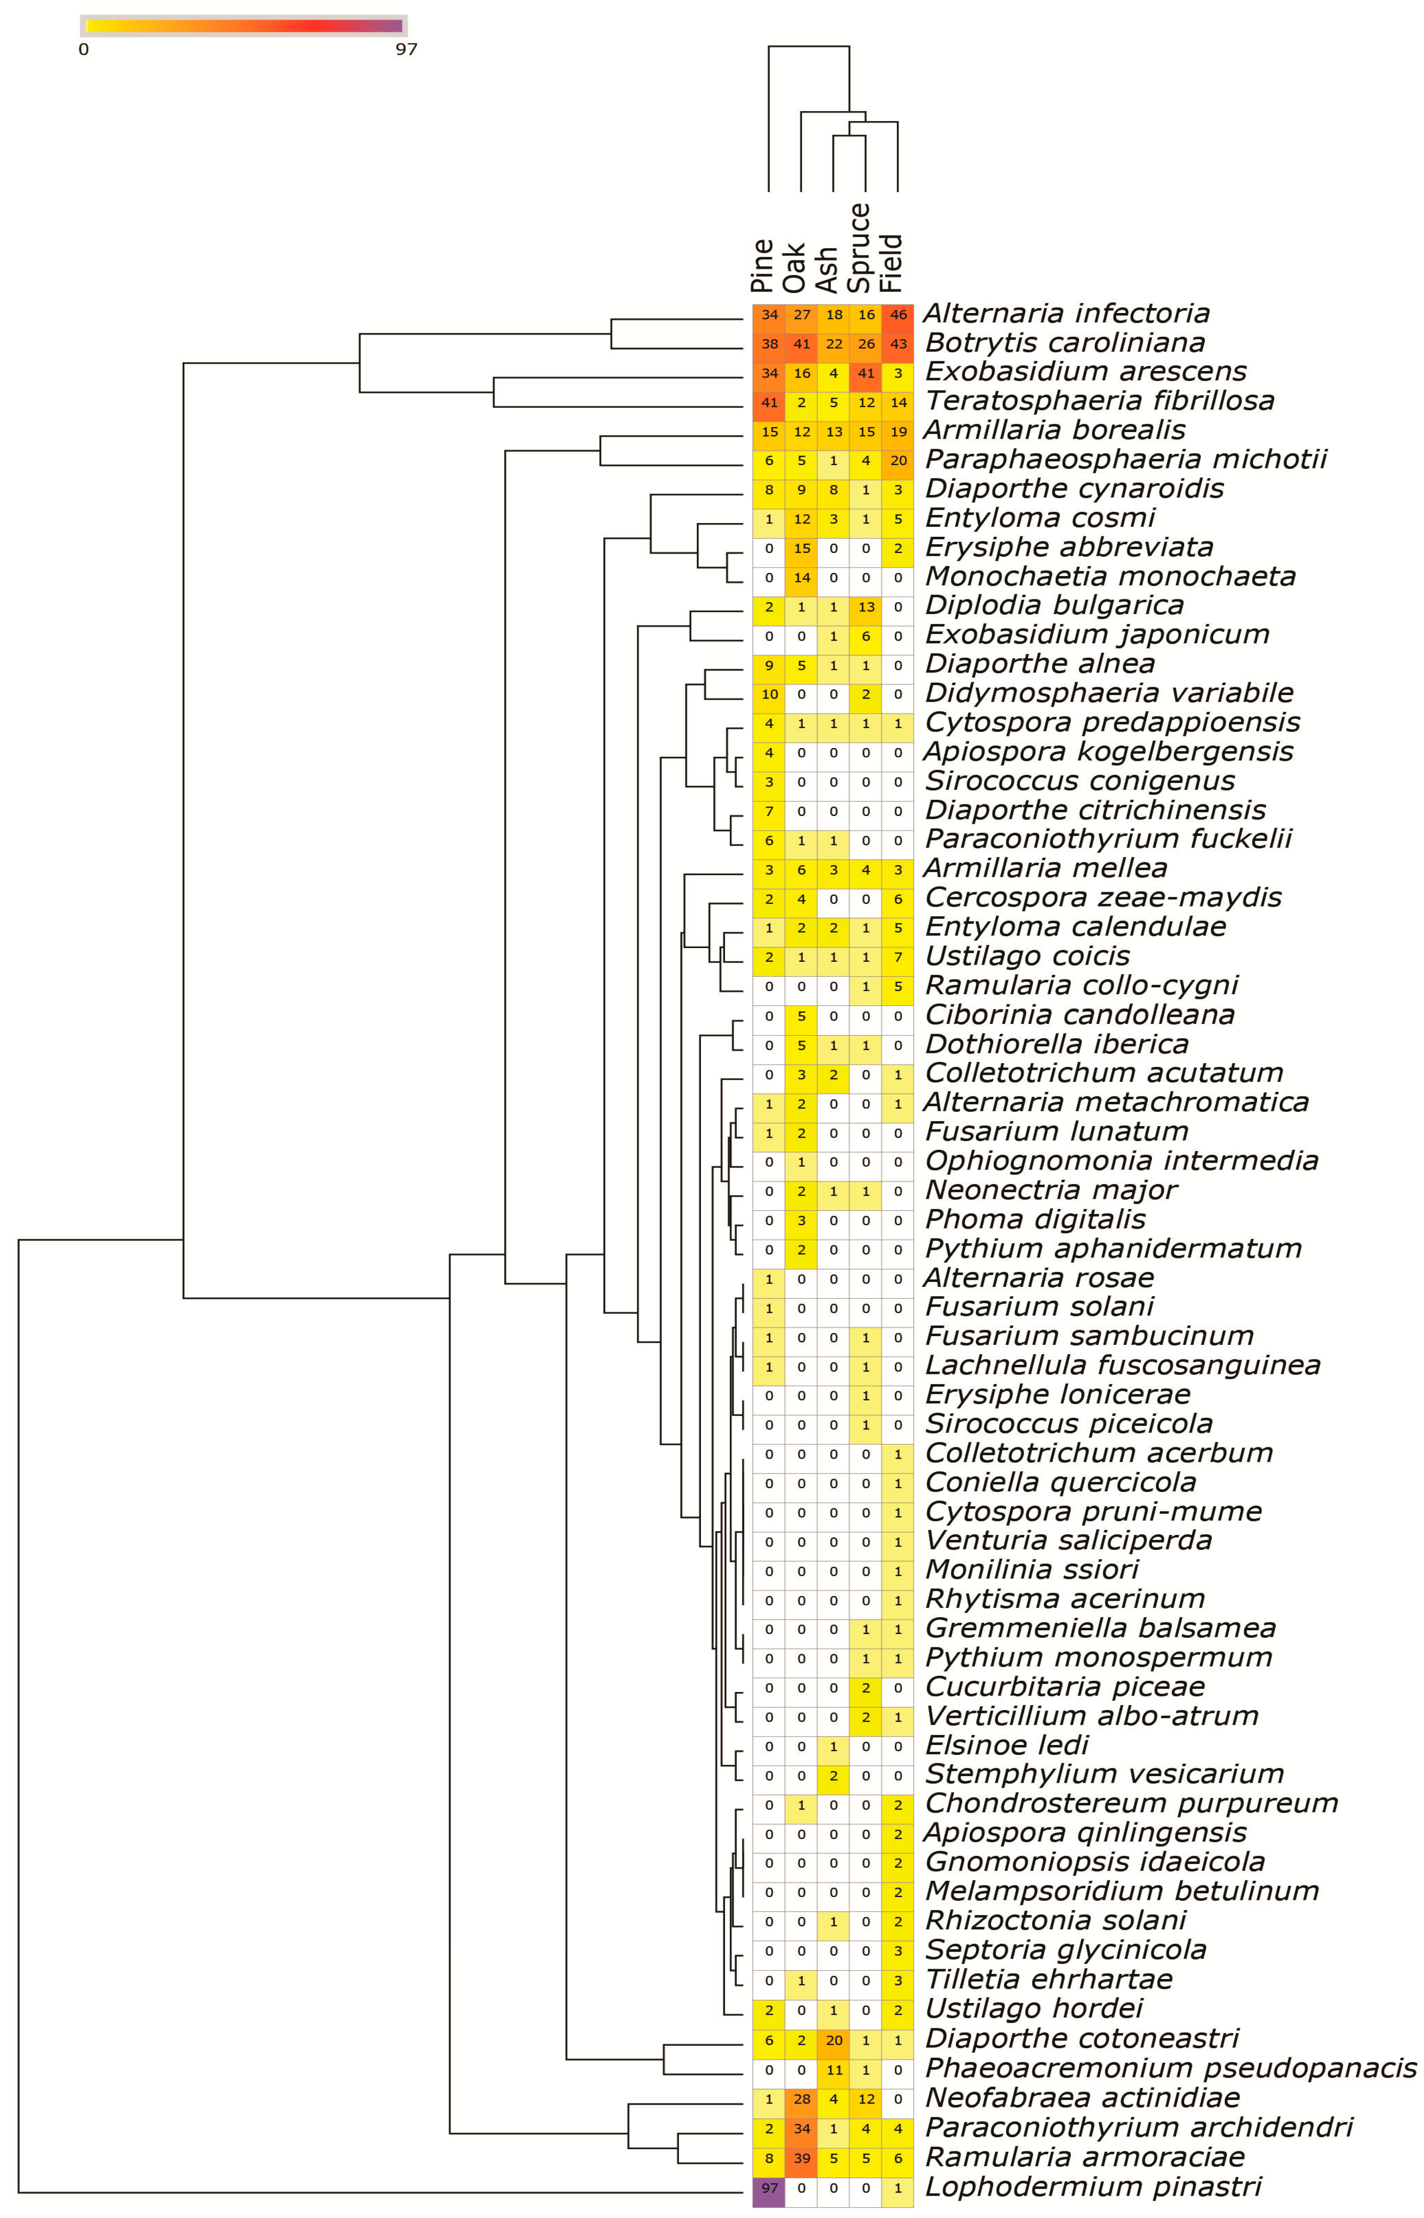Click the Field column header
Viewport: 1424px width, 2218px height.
pos(892,263)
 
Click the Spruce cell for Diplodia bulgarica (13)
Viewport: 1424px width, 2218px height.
pos(865,607)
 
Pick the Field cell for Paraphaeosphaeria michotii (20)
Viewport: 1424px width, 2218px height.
pos(898,461)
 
